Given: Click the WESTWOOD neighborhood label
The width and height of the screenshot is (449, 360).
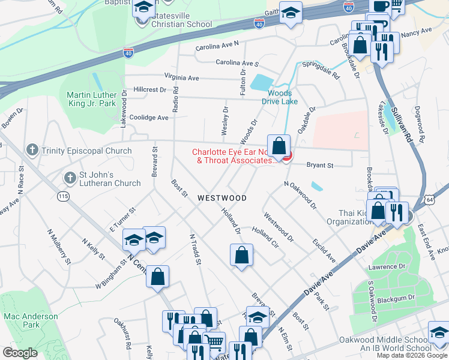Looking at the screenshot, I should pos(222,197).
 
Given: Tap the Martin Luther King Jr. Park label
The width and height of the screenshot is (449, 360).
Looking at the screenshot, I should pos(91,99).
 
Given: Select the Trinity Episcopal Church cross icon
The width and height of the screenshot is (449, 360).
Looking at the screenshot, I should pos(32,150).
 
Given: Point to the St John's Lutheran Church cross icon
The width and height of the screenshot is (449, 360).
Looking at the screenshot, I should pos(70,178).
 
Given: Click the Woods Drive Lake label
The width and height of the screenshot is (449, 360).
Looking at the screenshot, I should pos(280,97).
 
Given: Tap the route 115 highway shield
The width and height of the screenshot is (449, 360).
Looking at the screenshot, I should pos(63,196).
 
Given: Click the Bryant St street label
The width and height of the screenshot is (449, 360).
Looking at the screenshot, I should pos(320,165).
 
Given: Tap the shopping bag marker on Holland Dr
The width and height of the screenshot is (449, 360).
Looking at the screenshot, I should pos(241,254).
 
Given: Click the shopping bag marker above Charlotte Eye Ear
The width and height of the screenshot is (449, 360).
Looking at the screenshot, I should pos(279,145).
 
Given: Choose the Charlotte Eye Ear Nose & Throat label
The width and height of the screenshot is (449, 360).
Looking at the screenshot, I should pos(234,156).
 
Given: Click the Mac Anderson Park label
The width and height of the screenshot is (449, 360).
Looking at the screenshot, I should pos(31,320).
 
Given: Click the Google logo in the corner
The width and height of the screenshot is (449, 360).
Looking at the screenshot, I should pos(20,353).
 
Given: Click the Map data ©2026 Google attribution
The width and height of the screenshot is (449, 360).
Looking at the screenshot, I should pos(411,355).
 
